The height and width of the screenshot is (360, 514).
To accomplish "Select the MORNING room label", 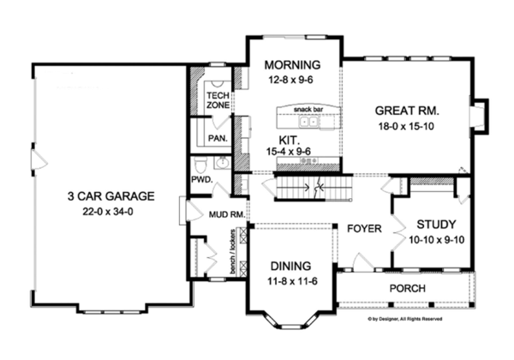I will coord(292,65).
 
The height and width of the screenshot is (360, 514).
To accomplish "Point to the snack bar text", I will coord(307,111).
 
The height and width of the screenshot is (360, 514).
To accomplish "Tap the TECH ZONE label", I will coord(217,100).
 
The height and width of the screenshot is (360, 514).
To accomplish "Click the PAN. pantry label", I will coord(217,138).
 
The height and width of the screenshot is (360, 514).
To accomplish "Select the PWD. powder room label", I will coord(201,181).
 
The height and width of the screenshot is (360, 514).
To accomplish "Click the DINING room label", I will coord(287,266).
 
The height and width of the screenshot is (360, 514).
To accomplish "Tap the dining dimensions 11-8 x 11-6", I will coord(287,280).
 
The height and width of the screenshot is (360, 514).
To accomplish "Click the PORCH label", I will coord(409,289).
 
